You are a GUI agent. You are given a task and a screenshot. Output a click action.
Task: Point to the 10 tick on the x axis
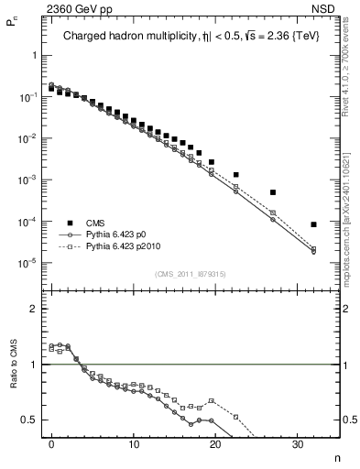(134, 445)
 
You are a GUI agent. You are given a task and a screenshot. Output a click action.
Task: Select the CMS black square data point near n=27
(273, 192)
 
